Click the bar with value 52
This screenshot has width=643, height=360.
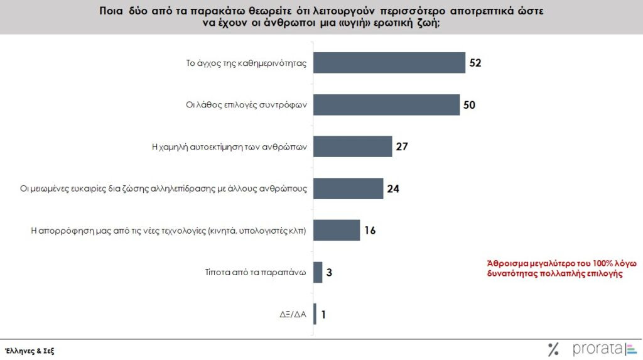(x=389, y=63)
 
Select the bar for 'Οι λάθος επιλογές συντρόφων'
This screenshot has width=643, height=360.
(x=386, y=104)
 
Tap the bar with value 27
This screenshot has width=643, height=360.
(x=352, y=146)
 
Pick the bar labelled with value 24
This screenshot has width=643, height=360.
(x=348, y=188)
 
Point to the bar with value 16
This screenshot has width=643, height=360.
(x=336, y=230)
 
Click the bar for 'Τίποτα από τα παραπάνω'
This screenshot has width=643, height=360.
(x=317, y=272)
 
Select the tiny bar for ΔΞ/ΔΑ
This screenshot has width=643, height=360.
(x=315, y=314)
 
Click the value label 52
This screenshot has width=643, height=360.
(x=476, y=63)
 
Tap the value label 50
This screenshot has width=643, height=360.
(x=470, y=104)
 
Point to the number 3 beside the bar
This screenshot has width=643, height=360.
(x=328, y=272)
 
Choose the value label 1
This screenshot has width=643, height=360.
(x=323, y=314)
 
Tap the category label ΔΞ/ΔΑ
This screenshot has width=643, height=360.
(x=293, y=314)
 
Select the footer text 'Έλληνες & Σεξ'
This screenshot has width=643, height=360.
(x=30, y=351)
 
